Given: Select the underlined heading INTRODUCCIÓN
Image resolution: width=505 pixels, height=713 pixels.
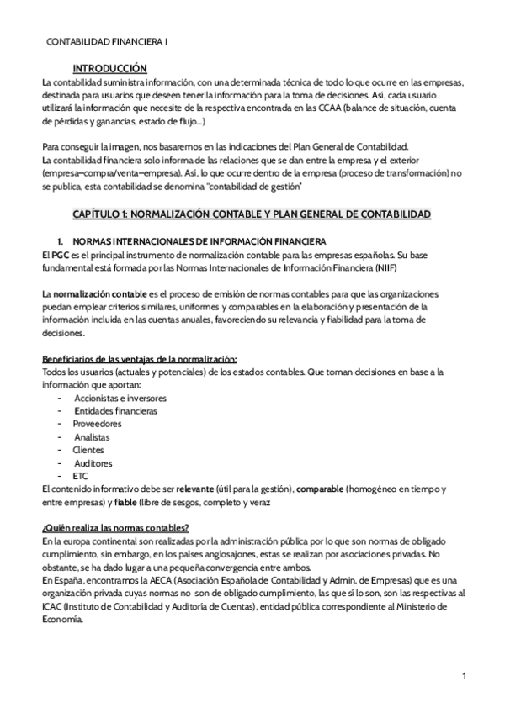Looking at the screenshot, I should point(109,68).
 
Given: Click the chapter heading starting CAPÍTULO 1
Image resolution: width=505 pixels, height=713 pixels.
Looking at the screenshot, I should point(252,215).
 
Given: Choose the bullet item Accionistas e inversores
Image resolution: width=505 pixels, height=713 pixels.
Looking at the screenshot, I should point(120,397).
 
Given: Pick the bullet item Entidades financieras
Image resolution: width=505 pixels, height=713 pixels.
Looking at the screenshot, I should point(115,410).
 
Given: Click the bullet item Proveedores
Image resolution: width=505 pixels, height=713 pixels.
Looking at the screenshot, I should point(98,424).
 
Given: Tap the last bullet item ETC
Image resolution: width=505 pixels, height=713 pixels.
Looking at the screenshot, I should point(81,476).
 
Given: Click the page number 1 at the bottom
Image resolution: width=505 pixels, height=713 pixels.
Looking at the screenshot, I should point(465,675).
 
